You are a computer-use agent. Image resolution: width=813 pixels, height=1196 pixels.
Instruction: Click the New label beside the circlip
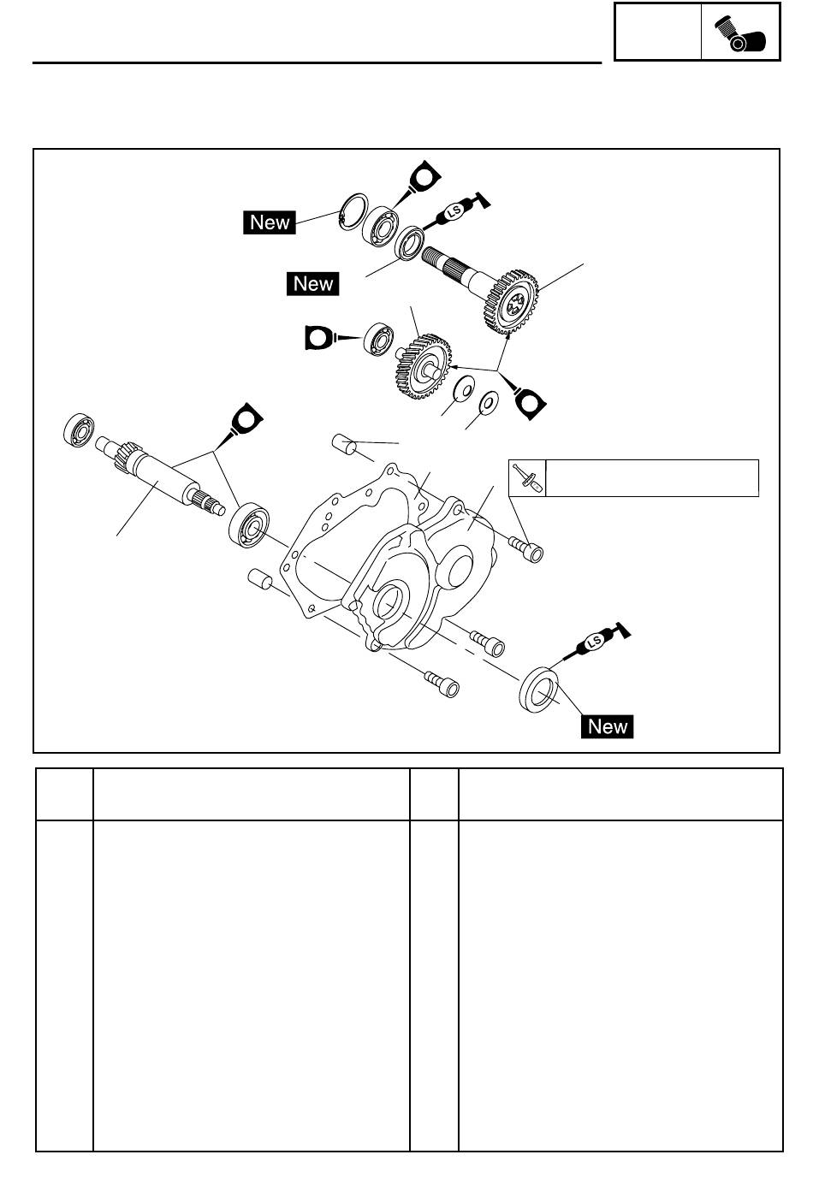tap(270, 222)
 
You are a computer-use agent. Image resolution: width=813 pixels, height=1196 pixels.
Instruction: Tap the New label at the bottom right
tap(607, 726)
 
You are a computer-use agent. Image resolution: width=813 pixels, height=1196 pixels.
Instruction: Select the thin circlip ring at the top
tap(353, 212)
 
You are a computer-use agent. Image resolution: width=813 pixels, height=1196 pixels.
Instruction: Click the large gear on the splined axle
tap(511, 302)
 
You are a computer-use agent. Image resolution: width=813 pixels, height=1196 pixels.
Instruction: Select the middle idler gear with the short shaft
tap(423, 366)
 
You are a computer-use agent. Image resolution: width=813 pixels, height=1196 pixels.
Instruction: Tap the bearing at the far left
tap(79, 429)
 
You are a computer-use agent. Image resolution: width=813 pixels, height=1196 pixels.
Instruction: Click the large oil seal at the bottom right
tap(538, 690)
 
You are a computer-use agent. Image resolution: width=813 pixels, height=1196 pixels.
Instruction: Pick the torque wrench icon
tap(526, 478)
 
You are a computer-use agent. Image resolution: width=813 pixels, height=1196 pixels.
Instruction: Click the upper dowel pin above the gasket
tap(345, 444)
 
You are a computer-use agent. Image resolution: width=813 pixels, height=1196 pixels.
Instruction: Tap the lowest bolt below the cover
tap(442, 684)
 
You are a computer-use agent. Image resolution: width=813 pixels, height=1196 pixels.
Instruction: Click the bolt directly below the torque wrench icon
tap(526, 549)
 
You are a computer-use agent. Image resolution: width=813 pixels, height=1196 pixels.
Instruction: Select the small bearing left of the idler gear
tap(379, 339)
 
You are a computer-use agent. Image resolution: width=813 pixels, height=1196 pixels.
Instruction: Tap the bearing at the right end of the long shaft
tap(249, 524)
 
